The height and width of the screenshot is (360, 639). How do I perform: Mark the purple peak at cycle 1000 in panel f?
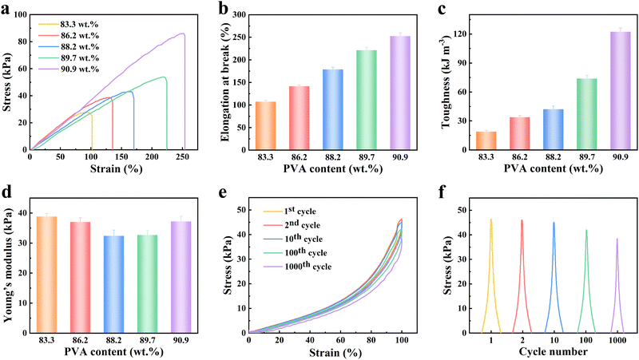click(617, 279)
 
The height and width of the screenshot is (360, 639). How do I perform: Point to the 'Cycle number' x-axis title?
click(554, 351)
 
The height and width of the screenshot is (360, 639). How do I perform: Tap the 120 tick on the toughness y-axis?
click(464, 36)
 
